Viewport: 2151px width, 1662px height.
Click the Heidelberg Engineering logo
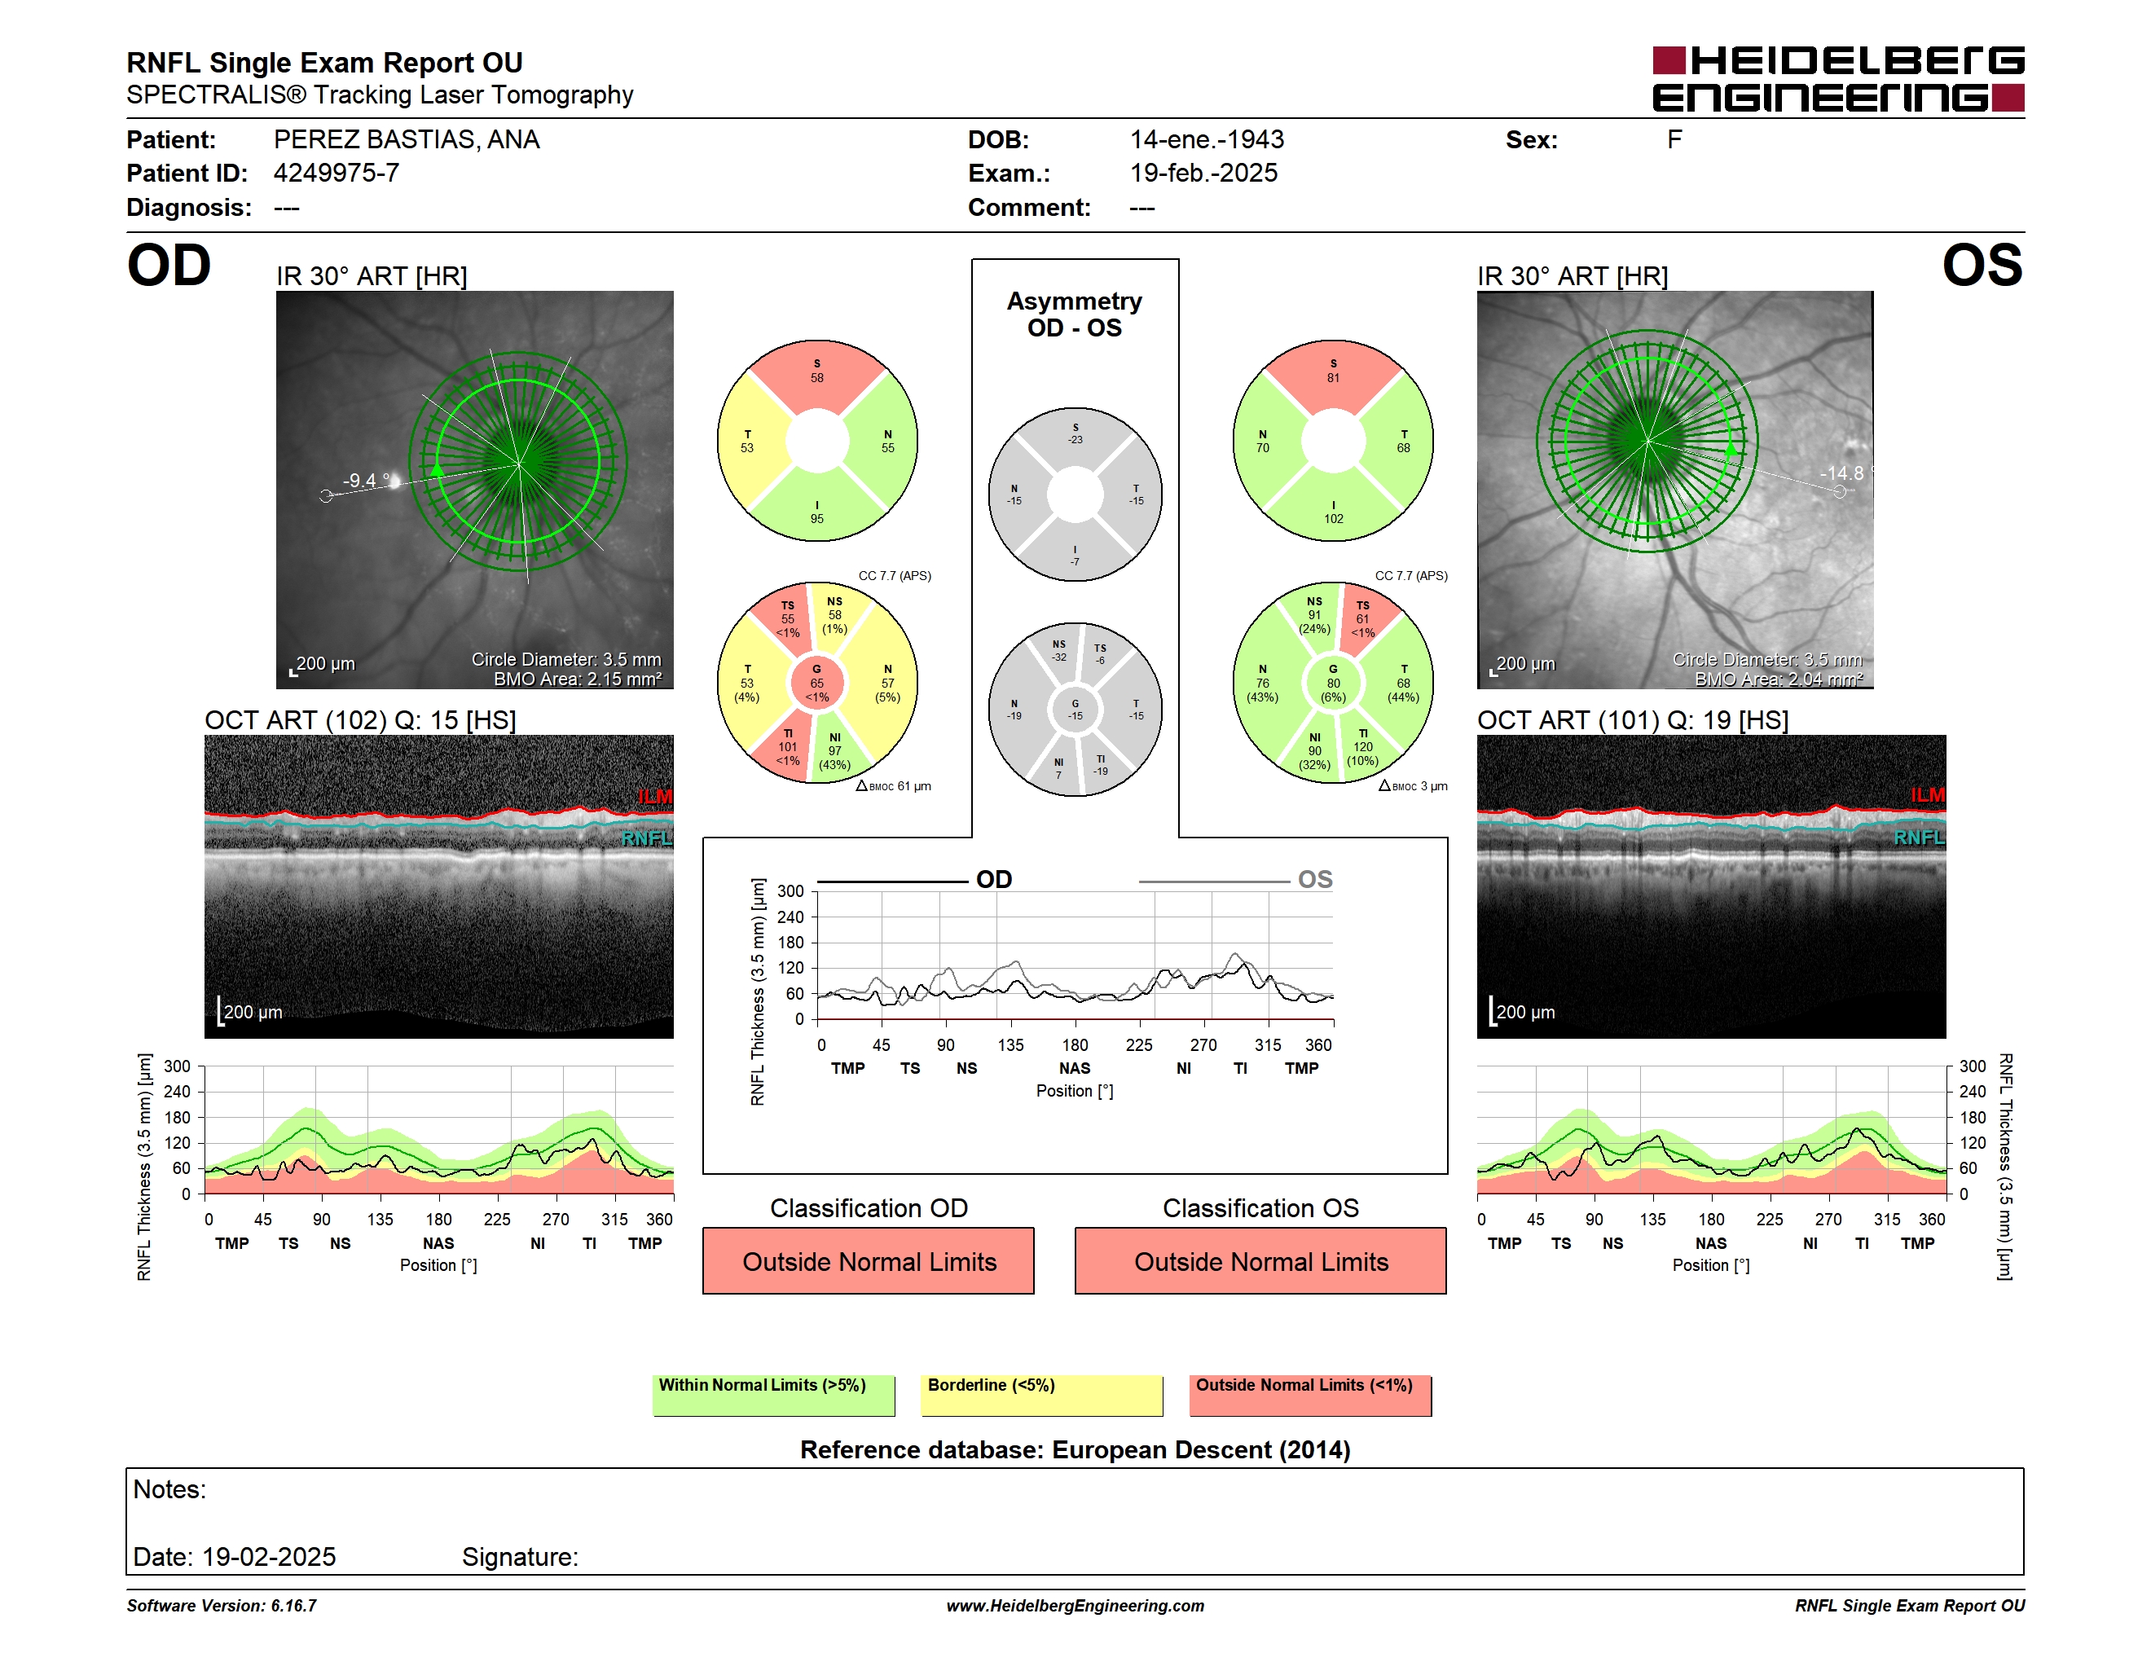point(1838,79)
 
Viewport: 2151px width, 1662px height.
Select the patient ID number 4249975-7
point(336,174)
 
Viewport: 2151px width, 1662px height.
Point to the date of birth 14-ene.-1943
point(1207,140)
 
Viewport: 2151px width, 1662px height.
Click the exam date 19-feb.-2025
point(1203,174)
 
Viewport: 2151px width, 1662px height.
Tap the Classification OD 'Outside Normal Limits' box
point(868,1260)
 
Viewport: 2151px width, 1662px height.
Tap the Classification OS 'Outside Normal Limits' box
point(1260,1260)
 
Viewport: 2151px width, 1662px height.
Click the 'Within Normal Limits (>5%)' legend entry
point(773,1395)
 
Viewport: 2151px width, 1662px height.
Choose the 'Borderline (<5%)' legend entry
point(1041,1395)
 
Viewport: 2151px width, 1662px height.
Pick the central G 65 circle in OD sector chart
point(817,683)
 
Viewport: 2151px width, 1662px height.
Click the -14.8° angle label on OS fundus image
point(1845,473)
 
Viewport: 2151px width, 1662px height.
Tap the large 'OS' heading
point(1982,266)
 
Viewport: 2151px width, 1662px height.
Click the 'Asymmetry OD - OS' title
point(1075,314)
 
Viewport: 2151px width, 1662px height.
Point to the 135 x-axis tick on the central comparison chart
point(1010,1044)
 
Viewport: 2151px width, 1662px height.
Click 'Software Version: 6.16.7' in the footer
point(222,1606)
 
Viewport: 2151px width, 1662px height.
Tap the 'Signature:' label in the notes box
point(520,1557)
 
